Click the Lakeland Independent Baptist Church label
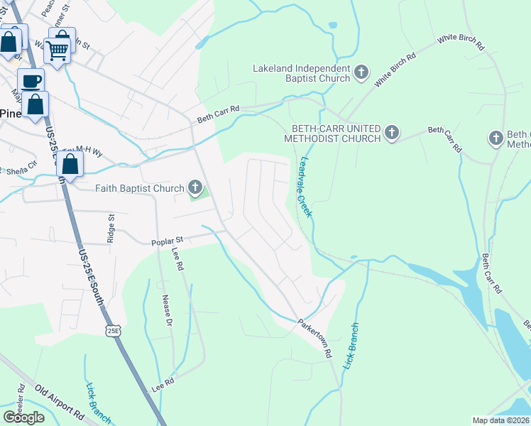[302, 69]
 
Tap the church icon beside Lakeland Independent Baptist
[361, 71]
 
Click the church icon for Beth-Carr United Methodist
[391, 132]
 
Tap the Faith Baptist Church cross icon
[195, 188]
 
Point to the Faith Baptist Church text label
[140, 188]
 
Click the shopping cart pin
[57, 49]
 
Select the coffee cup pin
[31, 81]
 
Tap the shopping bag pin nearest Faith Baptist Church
[70, 164]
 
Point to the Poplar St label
[168, 242]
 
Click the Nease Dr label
[168, 310]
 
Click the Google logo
[24, 417]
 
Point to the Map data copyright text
[501, 420]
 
